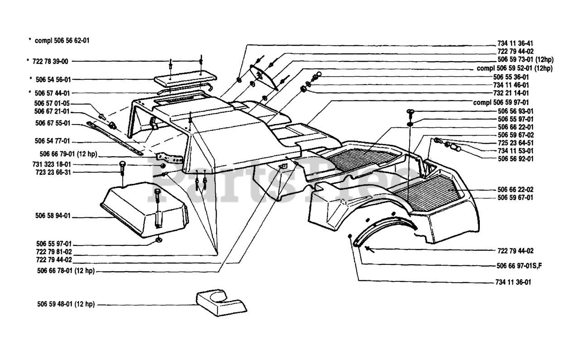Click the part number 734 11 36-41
click(515, 43)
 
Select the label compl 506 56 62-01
click(62, 41)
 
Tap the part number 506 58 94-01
click(53, 216)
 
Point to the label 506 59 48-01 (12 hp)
click(66, 304)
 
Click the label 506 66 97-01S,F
click(519, 266)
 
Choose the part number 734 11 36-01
click(513, 282)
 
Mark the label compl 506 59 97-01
click(501, 102)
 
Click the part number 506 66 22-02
click(516, 189)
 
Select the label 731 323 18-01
click(52, 164)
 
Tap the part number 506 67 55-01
click(53, 123)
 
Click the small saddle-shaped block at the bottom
click(222, 303)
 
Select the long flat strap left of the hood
click(115, 138)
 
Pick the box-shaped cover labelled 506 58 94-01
click(145, 210)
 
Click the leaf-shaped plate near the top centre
click(264, 77)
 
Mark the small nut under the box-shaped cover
click(159, 240)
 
